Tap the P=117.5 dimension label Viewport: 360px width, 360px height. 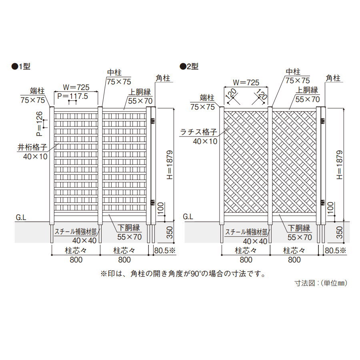(x=72, y=96)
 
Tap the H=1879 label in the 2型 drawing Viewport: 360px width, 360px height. (x=340, y=165)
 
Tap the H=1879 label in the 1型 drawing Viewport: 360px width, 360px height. (x=169, y=165)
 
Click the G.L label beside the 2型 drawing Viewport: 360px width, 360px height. (x=188, y=217)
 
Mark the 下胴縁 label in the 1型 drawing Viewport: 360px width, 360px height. (x=129, y=228)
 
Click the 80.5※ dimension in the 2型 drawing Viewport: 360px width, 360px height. (x=335, y=251)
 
